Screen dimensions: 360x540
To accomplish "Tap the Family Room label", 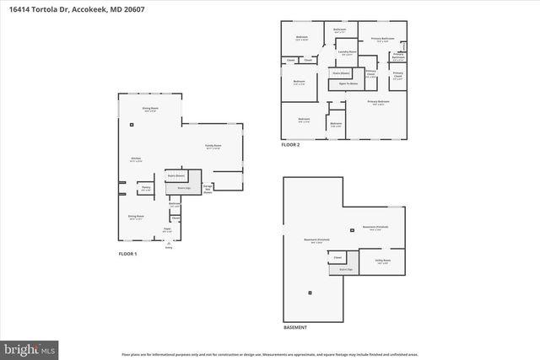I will click(x=213, y=147).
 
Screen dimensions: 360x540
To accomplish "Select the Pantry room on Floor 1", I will click(x=146, y=188).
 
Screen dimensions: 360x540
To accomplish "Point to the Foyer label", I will click(x=167, y=228).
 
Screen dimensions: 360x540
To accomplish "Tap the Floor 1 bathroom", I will click(x=175, y=203).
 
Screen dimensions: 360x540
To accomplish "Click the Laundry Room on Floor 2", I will click(x=344, y=52).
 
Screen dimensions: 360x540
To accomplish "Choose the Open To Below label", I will click(x=348, y=83).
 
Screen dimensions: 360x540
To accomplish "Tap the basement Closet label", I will click(x=337, y=257).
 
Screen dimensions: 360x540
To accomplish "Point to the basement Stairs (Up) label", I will click(x=345, y=270).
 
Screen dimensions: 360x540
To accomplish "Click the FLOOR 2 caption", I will click(x=290, y=145).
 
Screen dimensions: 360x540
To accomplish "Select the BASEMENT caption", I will click(x=295, y=327).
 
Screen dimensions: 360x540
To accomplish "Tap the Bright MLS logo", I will click(x=30, y=347).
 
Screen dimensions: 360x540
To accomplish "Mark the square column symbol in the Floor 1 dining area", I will click(x=132, y=125).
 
